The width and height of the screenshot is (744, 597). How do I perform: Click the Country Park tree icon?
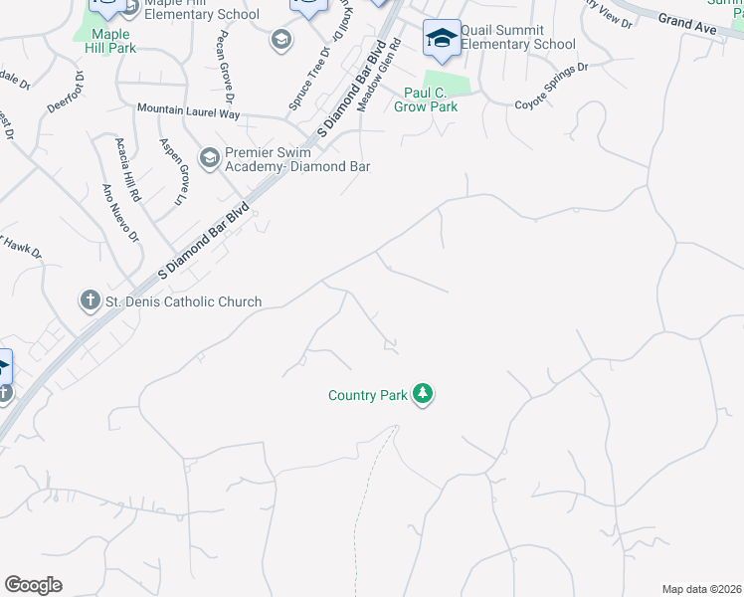424,395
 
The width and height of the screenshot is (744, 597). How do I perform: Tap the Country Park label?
368,396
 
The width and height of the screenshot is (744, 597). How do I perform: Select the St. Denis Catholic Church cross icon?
89,300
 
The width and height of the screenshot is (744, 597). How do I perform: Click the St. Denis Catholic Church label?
182,301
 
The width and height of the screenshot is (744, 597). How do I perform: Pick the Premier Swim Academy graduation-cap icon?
209,157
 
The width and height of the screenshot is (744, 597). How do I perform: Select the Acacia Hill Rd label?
126,165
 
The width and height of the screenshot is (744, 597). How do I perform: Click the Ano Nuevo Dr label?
118,213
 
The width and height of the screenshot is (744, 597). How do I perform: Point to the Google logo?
33,585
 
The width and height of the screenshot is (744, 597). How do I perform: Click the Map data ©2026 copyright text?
701,589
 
